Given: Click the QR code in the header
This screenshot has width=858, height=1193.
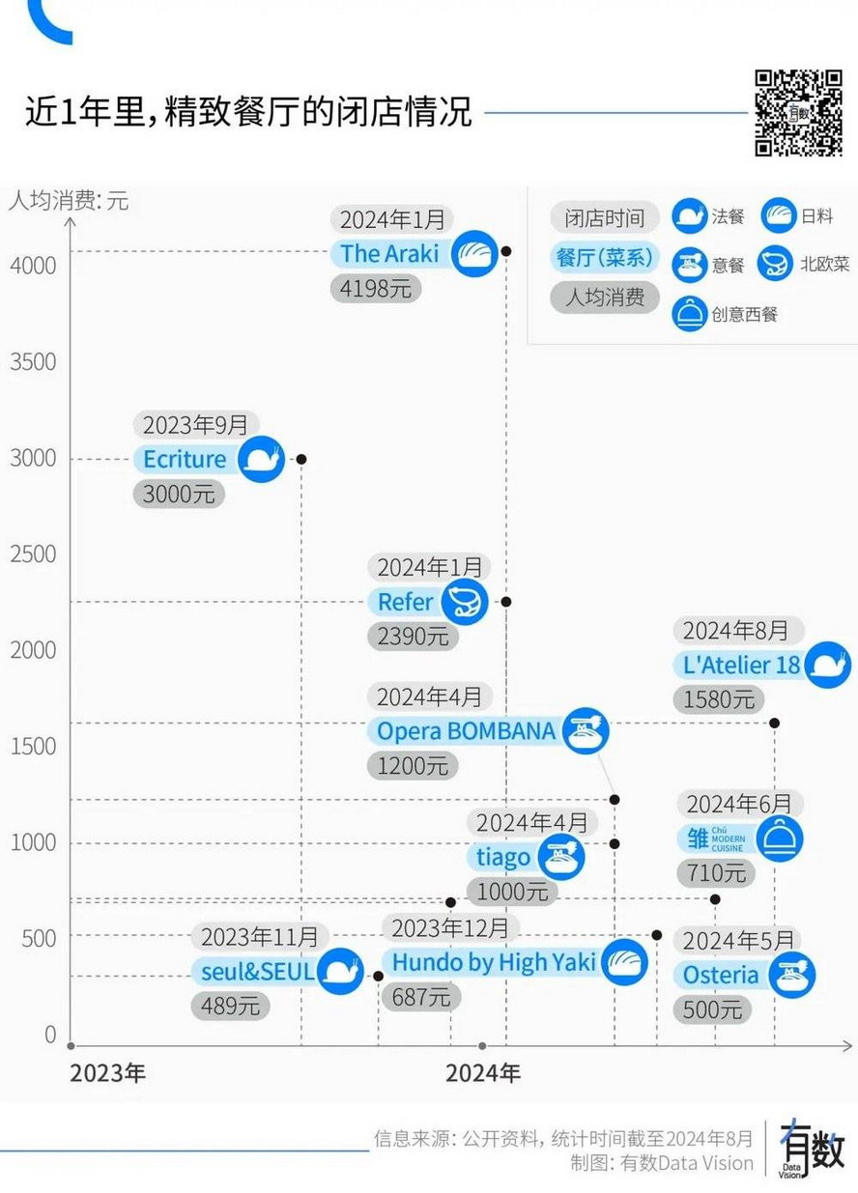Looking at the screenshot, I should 798,112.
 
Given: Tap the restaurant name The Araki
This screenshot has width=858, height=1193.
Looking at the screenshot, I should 389,254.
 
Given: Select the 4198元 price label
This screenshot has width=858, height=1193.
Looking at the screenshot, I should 376,288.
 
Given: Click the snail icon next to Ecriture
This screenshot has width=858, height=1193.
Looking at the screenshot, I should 261,460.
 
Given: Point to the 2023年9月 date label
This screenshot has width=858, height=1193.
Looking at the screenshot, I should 196,425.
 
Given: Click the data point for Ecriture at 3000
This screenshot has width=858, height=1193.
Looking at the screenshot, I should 301,460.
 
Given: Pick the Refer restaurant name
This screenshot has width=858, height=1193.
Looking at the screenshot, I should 406,602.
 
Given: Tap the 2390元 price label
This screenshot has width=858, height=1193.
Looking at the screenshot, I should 413,636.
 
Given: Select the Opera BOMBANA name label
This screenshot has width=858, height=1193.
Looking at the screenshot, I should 466,731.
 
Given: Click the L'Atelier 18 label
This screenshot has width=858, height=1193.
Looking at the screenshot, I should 741,665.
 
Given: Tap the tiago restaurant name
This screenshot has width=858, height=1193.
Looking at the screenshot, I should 503,857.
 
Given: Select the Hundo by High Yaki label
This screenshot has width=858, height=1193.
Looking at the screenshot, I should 494,962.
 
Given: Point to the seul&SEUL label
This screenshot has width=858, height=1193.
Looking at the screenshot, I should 257,972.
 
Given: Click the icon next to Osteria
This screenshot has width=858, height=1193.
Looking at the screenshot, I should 792,975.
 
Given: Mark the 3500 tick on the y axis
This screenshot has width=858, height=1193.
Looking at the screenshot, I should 34,362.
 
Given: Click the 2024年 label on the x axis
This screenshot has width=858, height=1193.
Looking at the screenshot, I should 483,1073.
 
